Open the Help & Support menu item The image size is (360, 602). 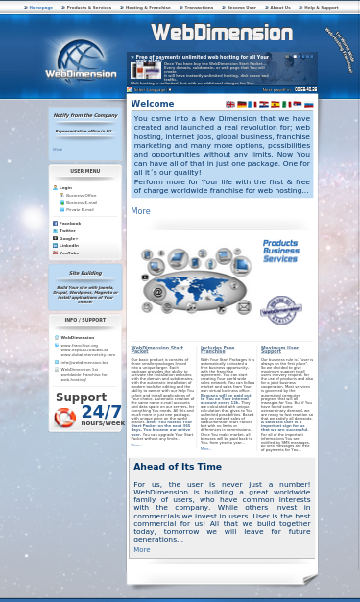(321, 7)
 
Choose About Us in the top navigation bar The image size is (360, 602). (278, 7)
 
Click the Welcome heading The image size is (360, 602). (153, 104)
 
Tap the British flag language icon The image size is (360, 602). (230, 104)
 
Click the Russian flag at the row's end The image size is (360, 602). (308, 104)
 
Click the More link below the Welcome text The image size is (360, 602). (140, 211)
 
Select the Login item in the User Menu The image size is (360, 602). (65, 187)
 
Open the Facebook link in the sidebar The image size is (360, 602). (70, 223)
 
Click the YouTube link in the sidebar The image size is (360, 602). (69, 253)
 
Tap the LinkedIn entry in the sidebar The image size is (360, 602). (69, 245)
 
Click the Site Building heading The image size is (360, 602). (85, 273)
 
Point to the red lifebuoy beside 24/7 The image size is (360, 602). (65, 418)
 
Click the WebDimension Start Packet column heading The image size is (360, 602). (156, 349)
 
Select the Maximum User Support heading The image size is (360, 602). (279, 349)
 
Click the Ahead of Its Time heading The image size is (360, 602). (177, 467)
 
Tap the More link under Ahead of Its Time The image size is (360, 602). (141, 549)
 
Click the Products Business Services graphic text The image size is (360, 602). (280, 251)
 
